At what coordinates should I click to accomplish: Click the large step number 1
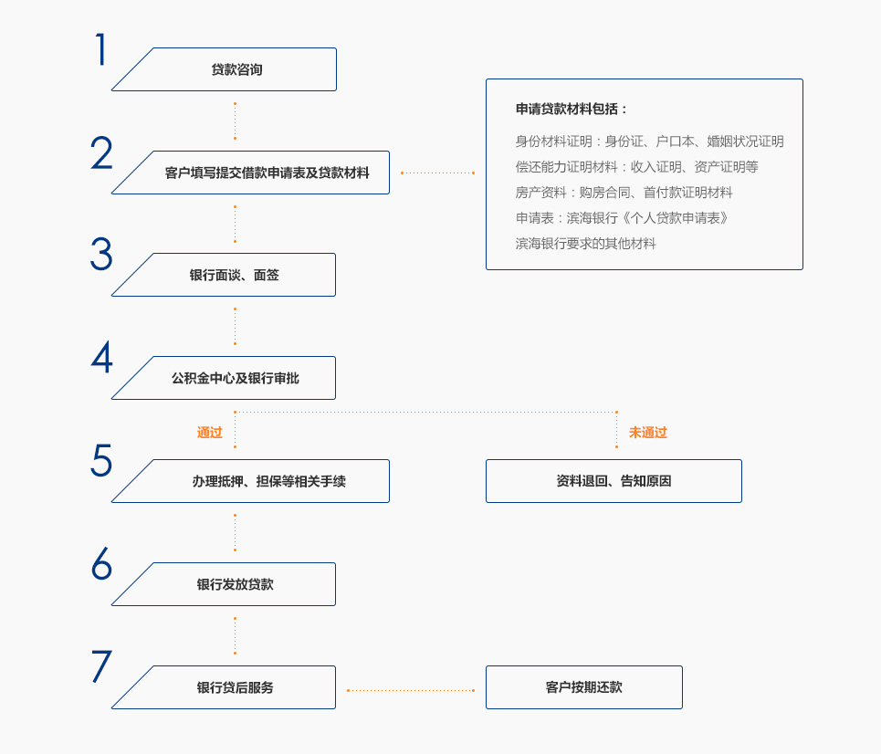(100, 49)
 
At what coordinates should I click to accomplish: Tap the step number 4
(101, 357)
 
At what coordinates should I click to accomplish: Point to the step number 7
(101, 666)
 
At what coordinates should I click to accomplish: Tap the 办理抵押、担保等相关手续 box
(250, 481)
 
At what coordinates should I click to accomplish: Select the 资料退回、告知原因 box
(614, 481)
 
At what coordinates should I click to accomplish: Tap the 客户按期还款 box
(583, 687)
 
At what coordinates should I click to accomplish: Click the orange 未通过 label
(648, 433)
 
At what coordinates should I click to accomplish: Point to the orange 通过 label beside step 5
(210, 433)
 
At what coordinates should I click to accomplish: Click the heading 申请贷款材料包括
(571, 109)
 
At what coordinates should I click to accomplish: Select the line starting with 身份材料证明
(649, 141)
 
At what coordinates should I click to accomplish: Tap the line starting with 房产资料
(624, 193)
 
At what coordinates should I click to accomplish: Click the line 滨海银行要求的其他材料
(585, 244)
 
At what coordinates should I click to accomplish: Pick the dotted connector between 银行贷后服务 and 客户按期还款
(411, 690)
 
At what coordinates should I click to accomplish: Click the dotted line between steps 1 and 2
(235, 120)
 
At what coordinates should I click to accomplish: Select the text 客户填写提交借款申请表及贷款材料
(267, 173)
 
